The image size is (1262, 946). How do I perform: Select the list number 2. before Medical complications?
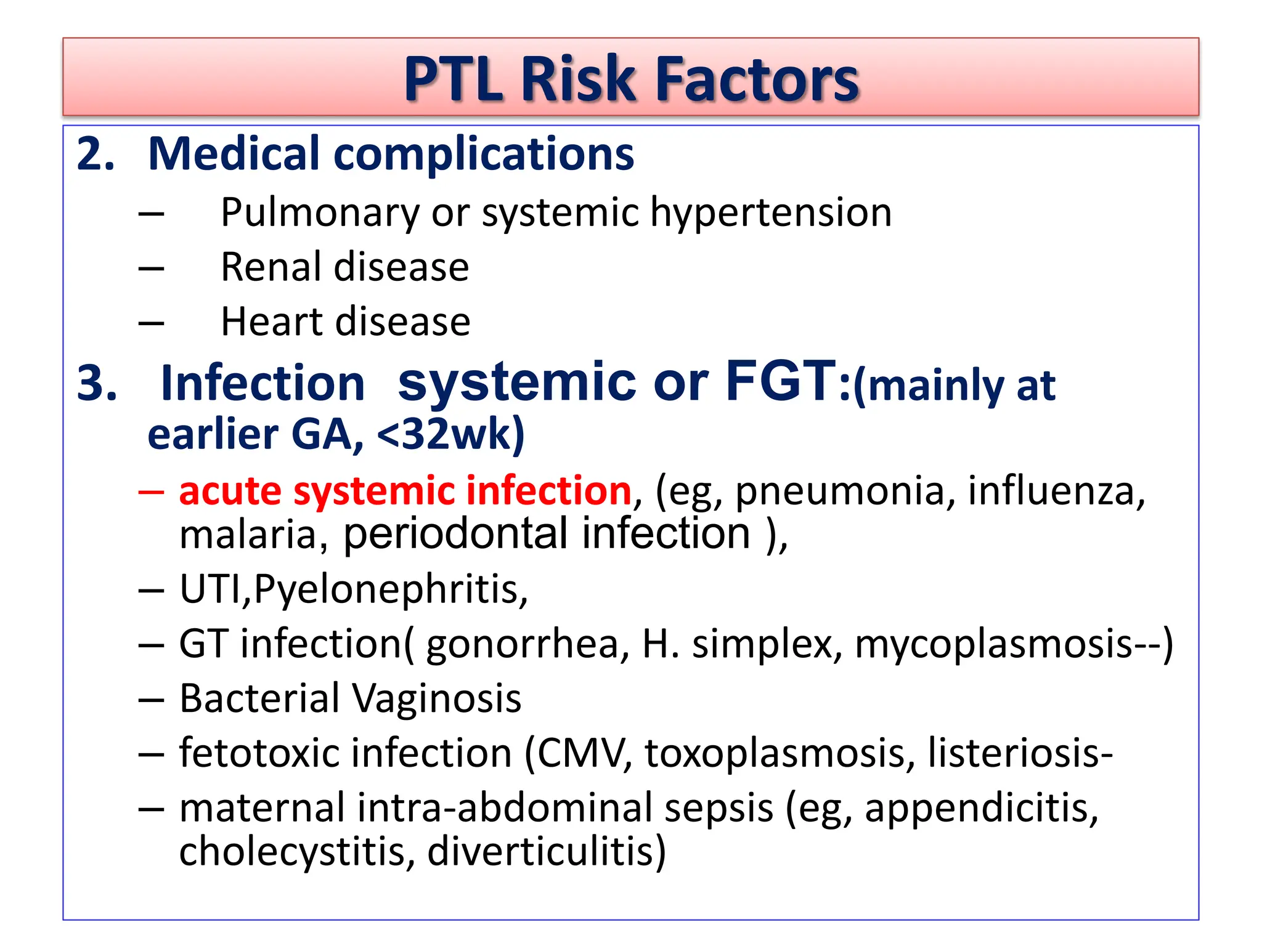[96, 153]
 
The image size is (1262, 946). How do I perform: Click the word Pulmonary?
[320, 213]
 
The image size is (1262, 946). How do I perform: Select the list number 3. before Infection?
[97, 383]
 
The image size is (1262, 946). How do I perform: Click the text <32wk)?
[450, 435]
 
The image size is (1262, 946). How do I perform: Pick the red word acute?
[230, 491]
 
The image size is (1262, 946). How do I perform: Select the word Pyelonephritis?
[390, 590]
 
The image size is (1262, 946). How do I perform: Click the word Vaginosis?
[436, 699]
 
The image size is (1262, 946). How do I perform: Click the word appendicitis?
[981, 809]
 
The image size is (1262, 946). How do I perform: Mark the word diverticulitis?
[546, 852]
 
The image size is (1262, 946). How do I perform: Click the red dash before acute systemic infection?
[151, 492]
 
